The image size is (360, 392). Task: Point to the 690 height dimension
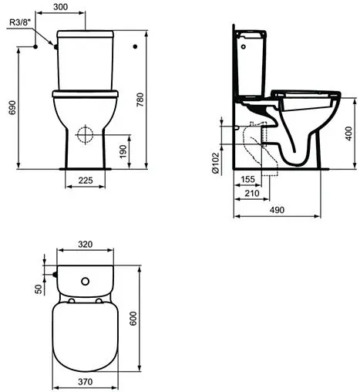click(12, 108)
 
